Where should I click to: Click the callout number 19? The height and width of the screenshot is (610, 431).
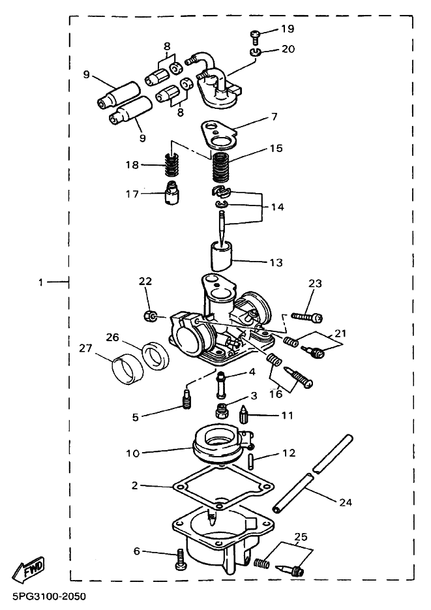coord(287,29)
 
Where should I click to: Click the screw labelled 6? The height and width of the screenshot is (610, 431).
coord(180,558)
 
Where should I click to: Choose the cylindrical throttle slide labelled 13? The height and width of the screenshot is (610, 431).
coord(223,255)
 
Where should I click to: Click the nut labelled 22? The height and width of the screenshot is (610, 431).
coord(151,316)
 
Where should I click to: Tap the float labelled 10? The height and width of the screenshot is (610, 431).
coord(221,445)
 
